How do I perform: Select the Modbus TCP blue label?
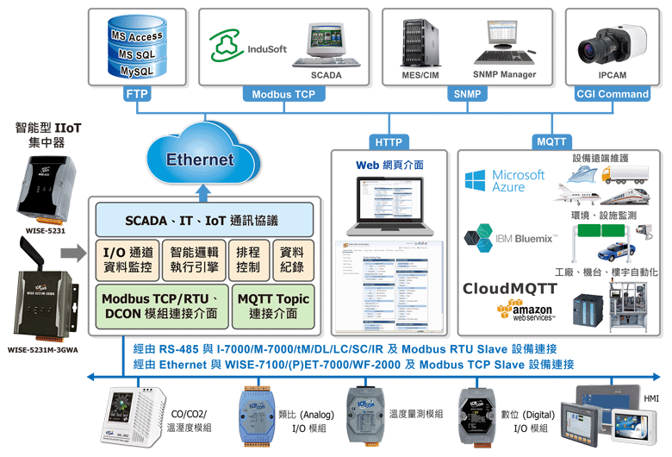(283, 94)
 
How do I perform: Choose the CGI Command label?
(612, 94)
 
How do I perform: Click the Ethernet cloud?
(199, 158)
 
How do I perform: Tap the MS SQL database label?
(136, 53)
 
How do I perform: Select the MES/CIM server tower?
(417, 43)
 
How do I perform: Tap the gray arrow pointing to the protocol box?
(75, 253)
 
